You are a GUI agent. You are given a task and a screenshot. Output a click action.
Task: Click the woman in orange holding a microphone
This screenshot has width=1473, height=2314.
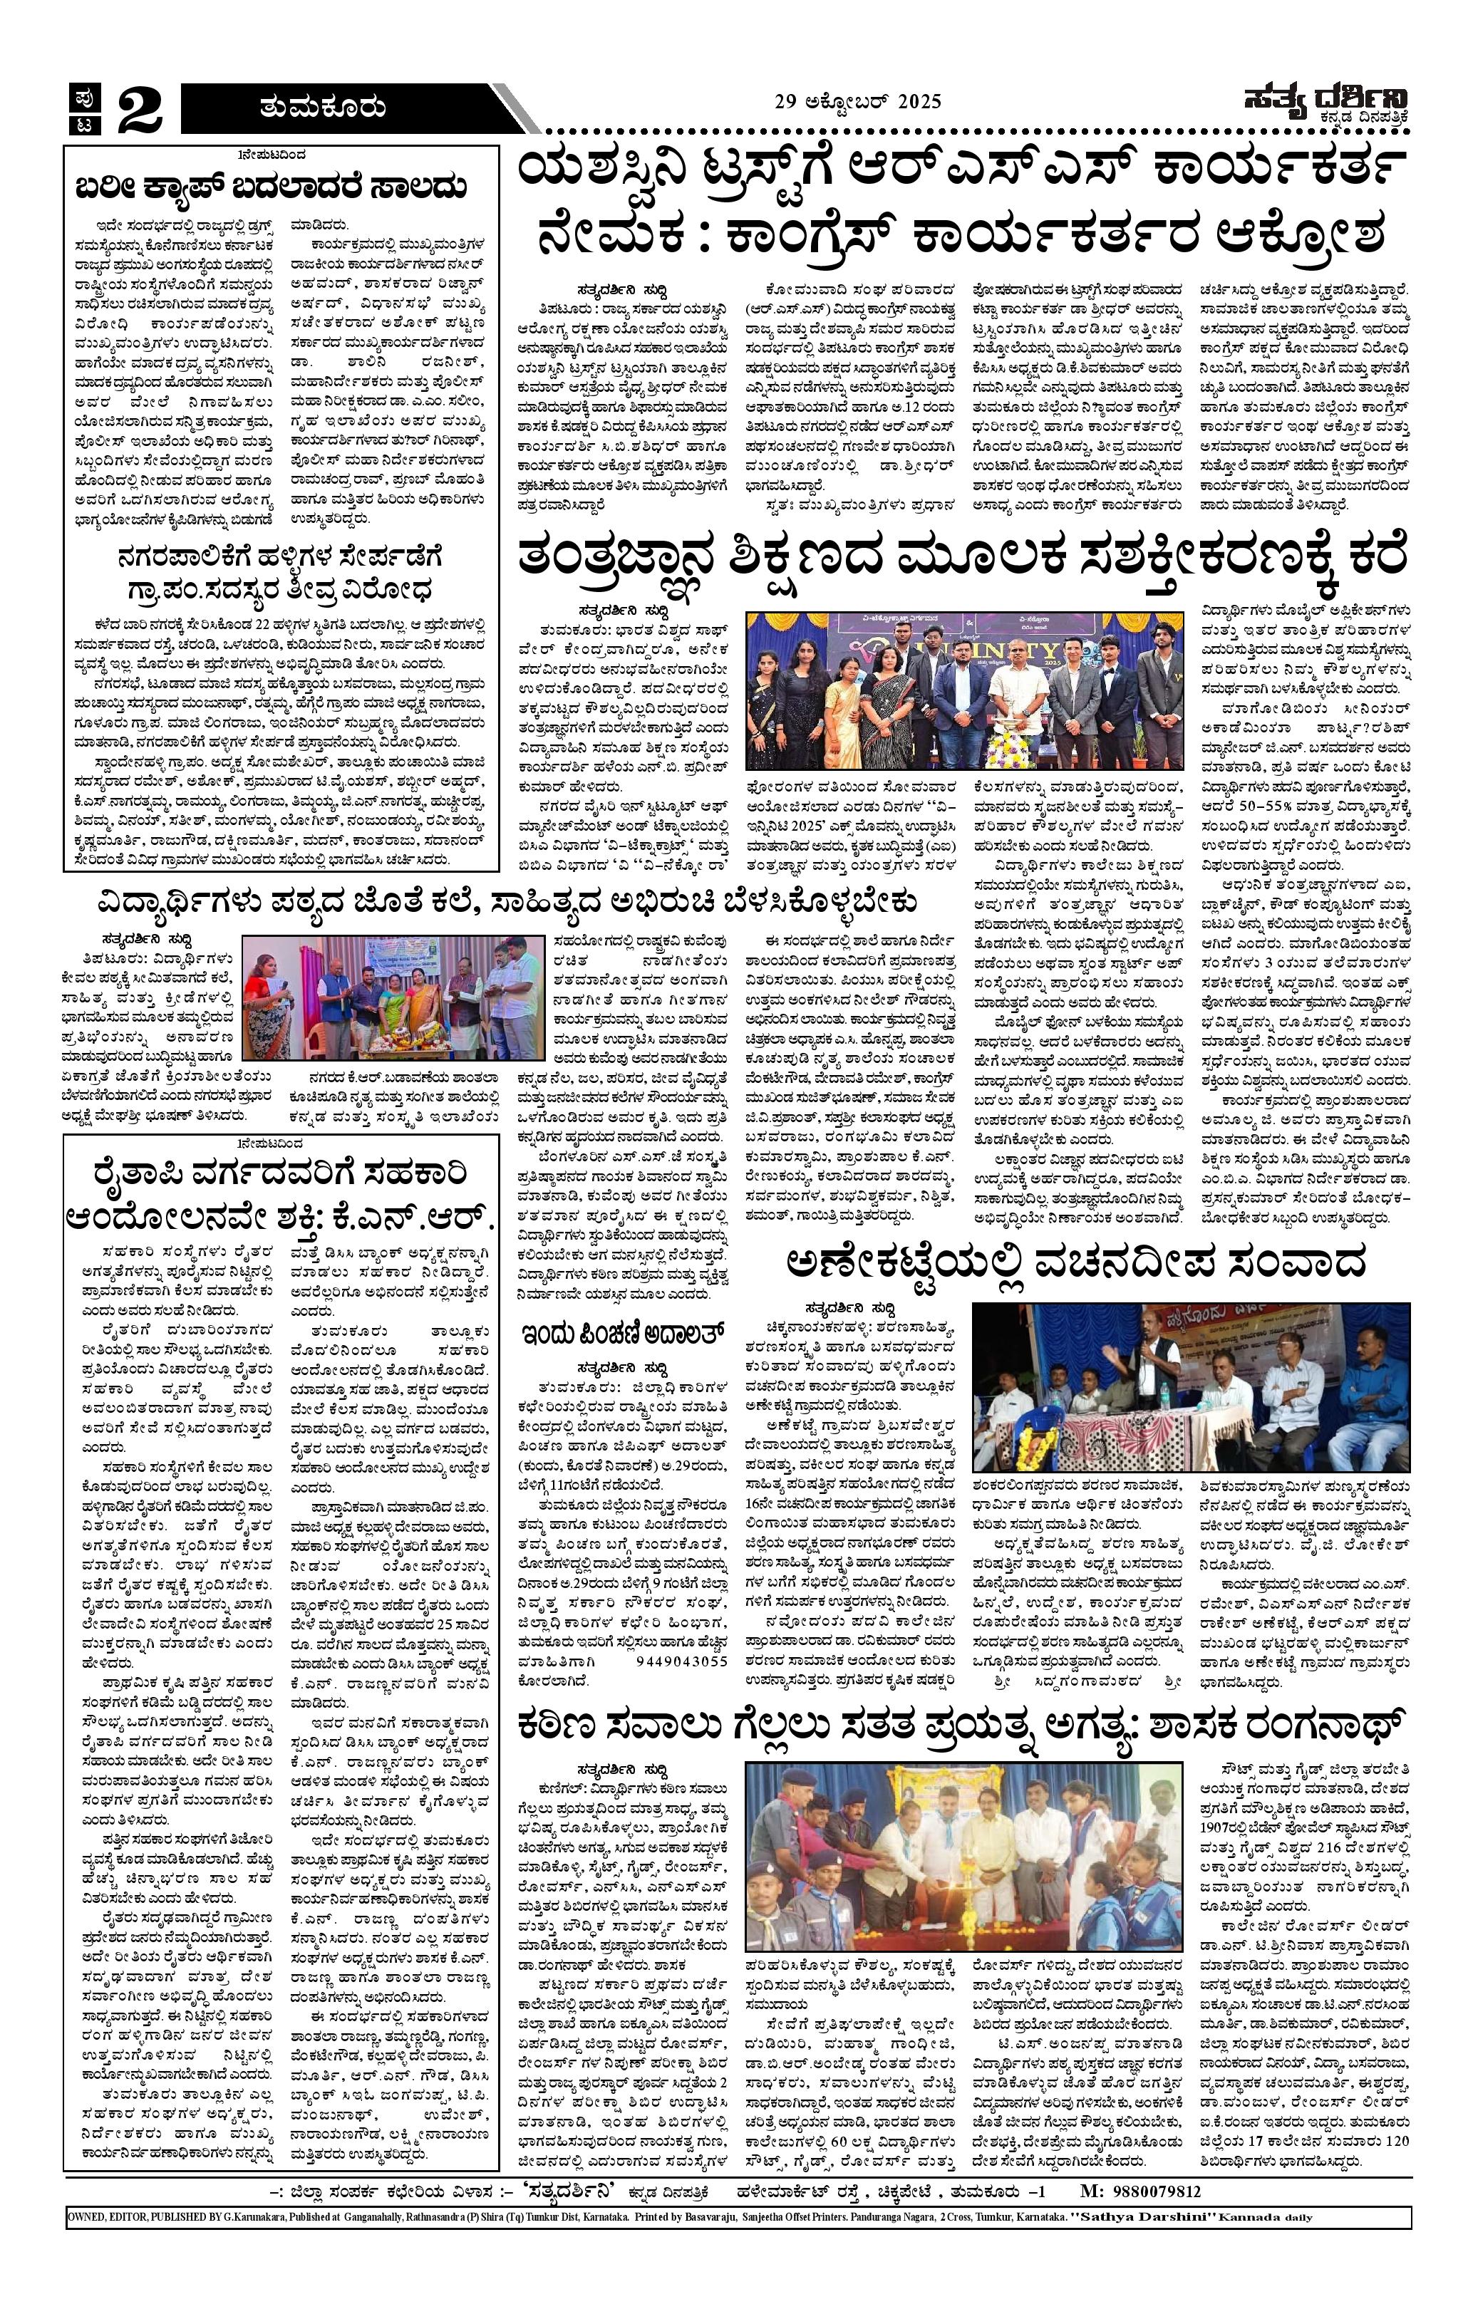[267, 995]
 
